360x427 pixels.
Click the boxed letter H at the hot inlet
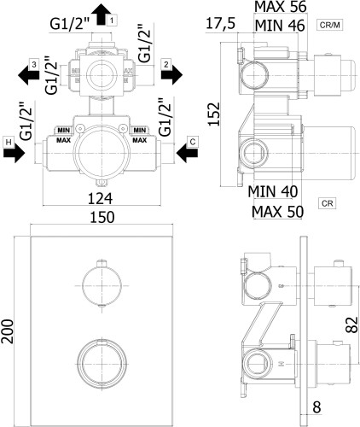(8, 141)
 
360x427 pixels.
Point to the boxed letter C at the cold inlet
(194, 141)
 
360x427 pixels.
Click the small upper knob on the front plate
(101, 283)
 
